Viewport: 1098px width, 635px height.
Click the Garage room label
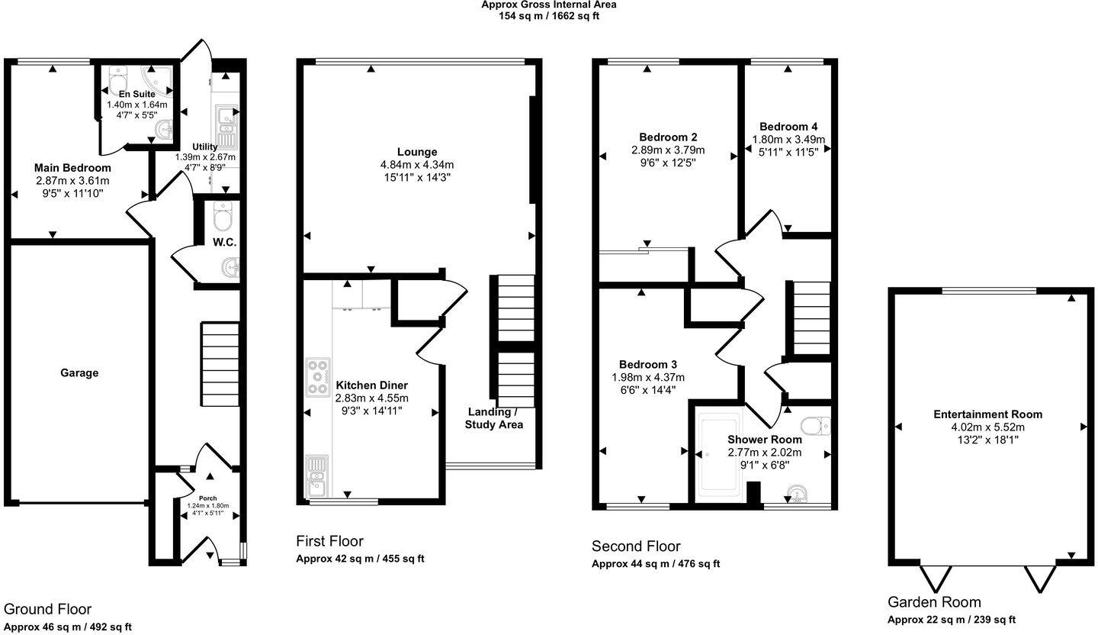click(79, 373)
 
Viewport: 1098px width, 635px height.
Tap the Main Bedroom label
click(72, 168)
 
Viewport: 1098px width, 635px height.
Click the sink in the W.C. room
click(230, 267)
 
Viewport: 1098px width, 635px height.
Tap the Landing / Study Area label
click(494, 418)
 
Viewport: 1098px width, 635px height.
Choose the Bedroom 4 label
click(788, 127)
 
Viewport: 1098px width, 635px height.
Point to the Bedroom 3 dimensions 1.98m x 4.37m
click(648, 377)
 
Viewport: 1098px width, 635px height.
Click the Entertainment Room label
click(987, 414)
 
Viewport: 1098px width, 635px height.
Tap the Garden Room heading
click(934, 602)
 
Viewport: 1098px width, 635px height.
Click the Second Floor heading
click(636, 546)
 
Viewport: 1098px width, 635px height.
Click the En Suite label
click(136, 94)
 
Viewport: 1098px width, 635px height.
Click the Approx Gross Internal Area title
click(548, 5)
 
